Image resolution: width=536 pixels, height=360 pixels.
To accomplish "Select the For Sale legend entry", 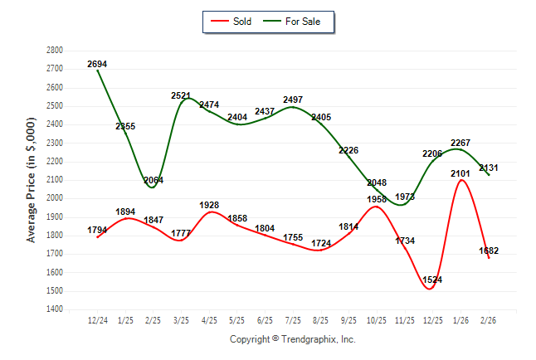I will coord(302,21).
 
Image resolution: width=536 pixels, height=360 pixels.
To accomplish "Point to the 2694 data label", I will coord(97,64).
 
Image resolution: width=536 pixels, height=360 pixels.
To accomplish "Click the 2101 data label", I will coord(460,173).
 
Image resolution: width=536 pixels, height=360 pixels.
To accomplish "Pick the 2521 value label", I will coord(183,95).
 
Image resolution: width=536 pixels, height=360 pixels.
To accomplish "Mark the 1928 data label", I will coord(210,205).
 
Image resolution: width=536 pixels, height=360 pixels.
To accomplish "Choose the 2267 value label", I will coord(460,143).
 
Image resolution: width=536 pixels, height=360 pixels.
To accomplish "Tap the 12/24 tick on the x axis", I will coord(98,319).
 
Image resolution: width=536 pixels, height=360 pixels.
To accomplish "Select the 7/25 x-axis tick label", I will coord(294,319).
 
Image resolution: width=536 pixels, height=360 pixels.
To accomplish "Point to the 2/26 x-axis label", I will coord(490,319).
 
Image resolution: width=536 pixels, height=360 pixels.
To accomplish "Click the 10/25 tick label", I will coord(378,319).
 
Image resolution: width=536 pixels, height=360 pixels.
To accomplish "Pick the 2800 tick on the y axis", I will coord(54,50).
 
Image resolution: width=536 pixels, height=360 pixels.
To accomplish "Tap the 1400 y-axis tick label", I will coord(54,309).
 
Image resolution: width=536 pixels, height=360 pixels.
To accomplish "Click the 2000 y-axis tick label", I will coord(54,198).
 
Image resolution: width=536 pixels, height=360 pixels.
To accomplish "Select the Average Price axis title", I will coord(32,178).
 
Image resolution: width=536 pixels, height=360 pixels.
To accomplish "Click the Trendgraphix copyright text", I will coord(292,339).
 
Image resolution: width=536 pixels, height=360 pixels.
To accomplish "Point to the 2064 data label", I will coord(154,180).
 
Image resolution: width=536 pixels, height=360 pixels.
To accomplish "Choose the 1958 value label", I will coord(377,199).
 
